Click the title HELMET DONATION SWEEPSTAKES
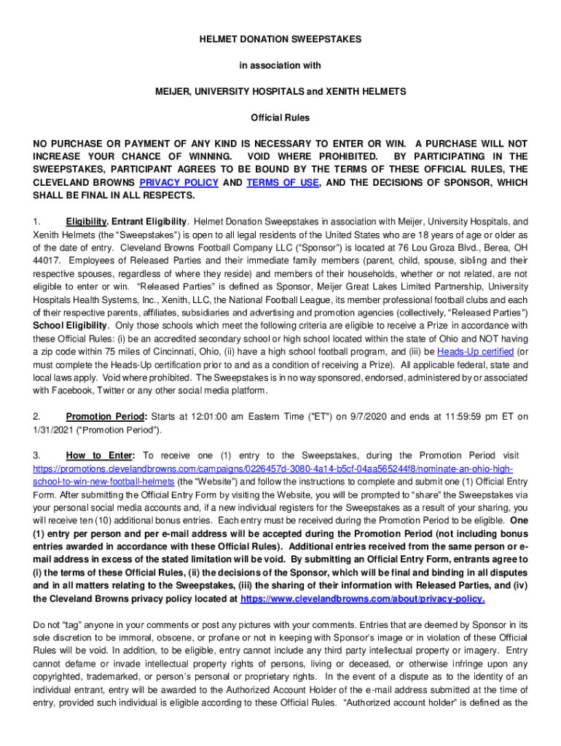click(280, 38)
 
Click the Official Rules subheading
click(280, 117)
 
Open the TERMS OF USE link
click(283, 183)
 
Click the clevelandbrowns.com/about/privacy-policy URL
click(362, 599)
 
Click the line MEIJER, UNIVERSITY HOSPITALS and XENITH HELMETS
click(280, 91)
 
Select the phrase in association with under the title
click(280, 65)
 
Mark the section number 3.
click(36, 455)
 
